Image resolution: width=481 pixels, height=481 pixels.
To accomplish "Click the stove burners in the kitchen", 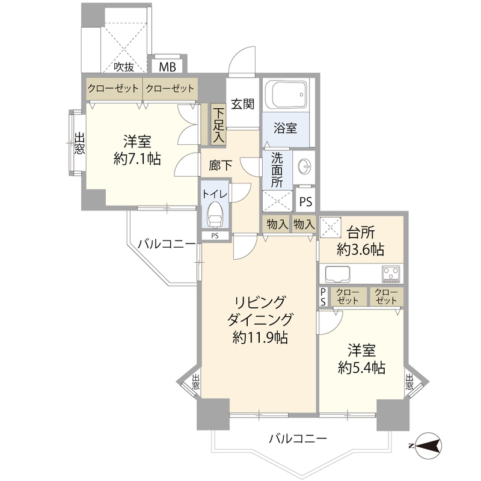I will pos(390,275).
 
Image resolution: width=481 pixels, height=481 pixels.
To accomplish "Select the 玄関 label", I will pos(242,103).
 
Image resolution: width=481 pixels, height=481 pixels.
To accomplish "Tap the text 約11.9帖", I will pos(259,338).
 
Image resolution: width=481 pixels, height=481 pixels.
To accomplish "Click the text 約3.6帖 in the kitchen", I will pos(361,249).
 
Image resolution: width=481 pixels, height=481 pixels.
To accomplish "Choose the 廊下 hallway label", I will pos(221,162).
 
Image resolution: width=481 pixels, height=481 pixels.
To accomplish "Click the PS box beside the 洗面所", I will pos(305,201).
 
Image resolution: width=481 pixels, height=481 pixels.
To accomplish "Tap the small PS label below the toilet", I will pos(215,236).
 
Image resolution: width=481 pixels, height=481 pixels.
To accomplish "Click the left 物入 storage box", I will pos(276,225).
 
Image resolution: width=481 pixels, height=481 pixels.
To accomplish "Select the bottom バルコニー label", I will pos(298,439).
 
